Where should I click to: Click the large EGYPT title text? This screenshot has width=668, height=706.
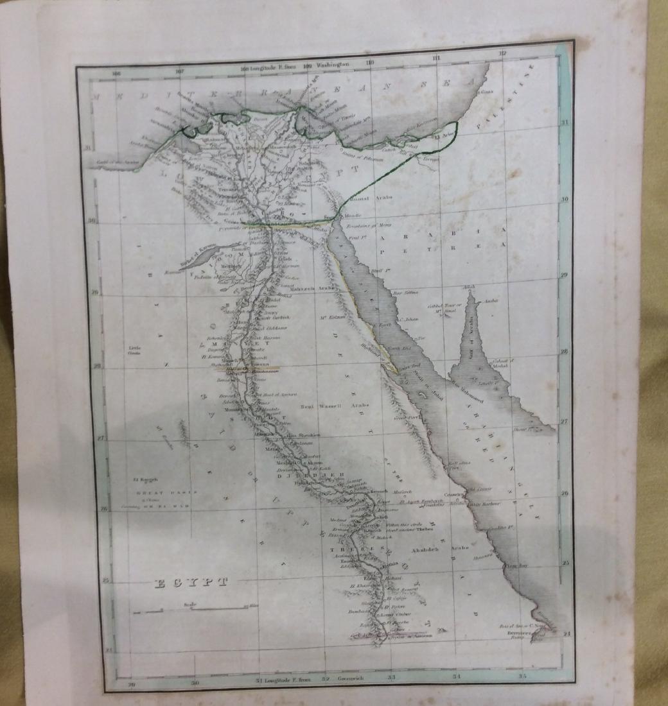point(192,583)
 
